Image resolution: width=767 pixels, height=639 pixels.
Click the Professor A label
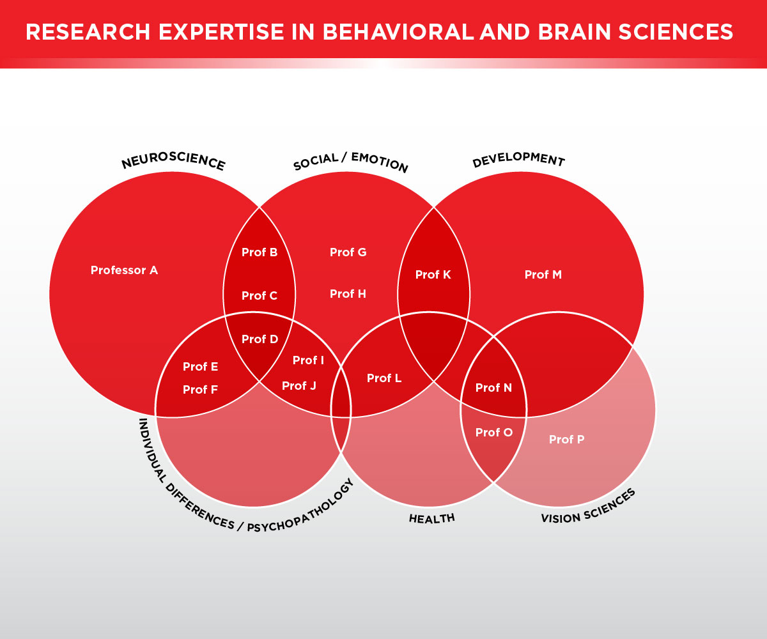point(124,270)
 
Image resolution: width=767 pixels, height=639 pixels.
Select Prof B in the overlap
point(260,252)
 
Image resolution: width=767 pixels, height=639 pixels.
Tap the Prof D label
point(260,339)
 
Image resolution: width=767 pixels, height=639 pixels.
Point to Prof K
point(433,275)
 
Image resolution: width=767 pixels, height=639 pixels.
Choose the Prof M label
point(543,275)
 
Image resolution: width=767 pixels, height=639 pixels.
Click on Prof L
point(384,378)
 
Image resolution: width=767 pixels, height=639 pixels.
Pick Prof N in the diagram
point(494,388)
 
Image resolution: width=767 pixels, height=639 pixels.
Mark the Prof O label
point(494,433)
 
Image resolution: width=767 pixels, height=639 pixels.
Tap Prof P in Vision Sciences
point(567,440)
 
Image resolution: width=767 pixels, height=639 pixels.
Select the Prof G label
point(348,252)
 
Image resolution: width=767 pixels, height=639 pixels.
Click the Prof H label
point(348,294)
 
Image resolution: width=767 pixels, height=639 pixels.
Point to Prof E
point(201,367)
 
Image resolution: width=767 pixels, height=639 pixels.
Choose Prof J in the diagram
point(299,386)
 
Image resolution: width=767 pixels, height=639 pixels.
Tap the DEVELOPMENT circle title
point(518,159)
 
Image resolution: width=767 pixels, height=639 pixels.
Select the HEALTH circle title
point(432,518)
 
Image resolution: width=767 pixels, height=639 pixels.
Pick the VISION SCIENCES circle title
point(589,506)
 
